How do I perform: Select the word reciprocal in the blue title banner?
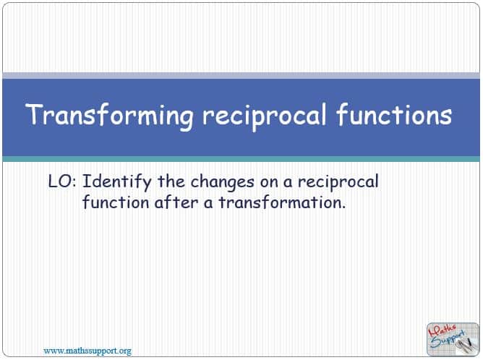(x=264, y=117)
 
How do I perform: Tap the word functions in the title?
(x=394, y=114)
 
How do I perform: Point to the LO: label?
(x=62, y=181)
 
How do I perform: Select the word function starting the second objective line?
(x=116, y=202)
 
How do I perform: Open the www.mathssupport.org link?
(x=87, y=351)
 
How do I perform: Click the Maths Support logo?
(x=453, y=339)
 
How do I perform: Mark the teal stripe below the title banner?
(x=241, y=159)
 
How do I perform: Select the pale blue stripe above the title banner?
(x=241, y=75)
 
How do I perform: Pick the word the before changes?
(x=171, y=181)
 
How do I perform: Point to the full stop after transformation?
(x=343, y=208)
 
